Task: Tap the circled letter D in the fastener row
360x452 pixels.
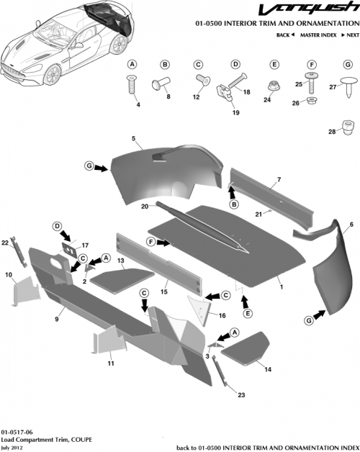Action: [235, 64]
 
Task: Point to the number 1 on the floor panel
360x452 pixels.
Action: [280, 286]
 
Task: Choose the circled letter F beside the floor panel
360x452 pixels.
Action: [152, 242]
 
